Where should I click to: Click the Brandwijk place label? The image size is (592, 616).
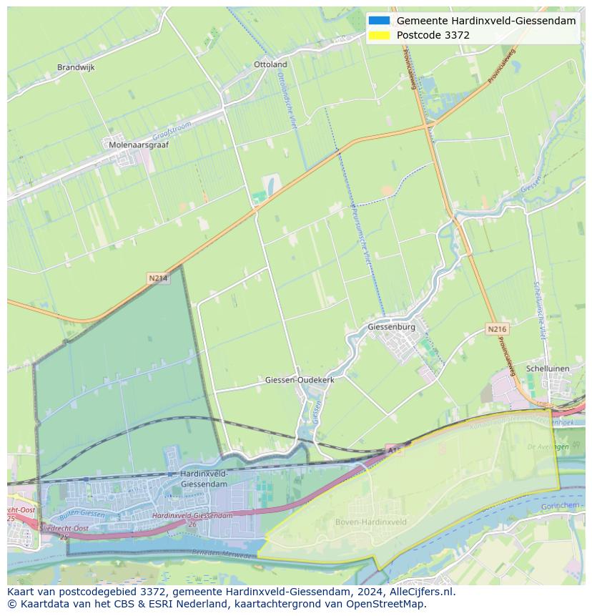pyautogui.click(x=76, y=67)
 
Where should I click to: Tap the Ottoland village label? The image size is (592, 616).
pyautogui.click(x=270, y=64)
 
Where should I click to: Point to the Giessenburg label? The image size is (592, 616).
pyautogui.click(x=391, y=327)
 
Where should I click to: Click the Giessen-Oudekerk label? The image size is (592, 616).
pyautogui.click(x=300, y=380)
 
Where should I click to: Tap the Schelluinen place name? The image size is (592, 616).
pyautogui.click(x=547, y=368)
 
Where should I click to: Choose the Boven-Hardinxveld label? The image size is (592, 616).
pyautogui.click(x=371, y=522)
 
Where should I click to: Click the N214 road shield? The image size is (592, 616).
pyautogui.click(x=158, y=278)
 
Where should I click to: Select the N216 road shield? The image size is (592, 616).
pyautogui.click(x=497, y=329)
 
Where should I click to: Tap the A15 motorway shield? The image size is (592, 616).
pyautogui.click(x=394, y=450)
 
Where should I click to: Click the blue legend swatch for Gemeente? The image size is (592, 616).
pyautogui.click(x=379, y=21)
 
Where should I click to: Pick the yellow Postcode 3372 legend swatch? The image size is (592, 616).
pyautogui.click(x=379, y=35)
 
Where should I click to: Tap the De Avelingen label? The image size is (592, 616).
pyautogui.click(x=548, y=446)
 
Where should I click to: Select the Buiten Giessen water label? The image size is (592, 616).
pyautogui.click(x=82, y=514)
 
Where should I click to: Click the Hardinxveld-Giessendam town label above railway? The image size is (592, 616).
pyautogui.click(x=204, y=479)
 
